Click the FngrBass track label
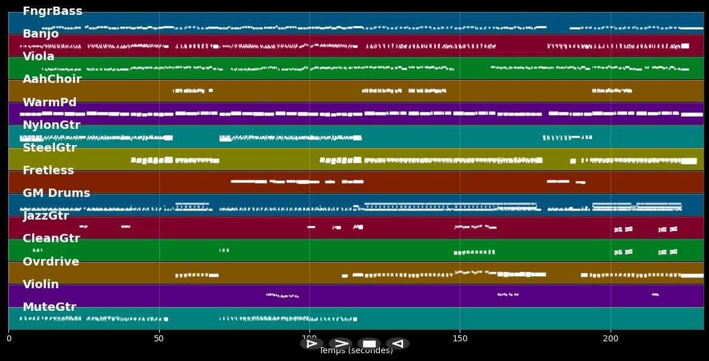pos(52,11)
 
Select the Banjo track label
pos(41,34)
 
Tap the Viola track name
pos(38,57)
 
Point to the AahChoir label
pos(52,79)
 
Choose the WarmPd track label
pos(49,103)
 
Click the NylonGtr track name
pos(51,125)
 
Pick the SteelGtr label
pos(49,148)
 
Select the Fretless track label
pos(48,171)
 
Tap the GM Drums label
pos(56,193)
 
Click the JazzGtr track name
pos(46,216)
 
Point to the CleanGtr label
pos(51,239)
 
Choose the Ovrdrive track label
pos(51,262)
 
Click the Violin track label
pos(41,285)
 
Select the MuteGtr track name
pos(49,307)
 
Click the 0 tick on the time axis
pos(9,339)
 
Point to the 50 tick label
pos(159,339)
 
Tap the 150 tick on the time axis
pos(460,339)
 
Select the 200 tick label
pos(611,339)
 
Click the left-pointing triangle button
pos(397,344)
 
